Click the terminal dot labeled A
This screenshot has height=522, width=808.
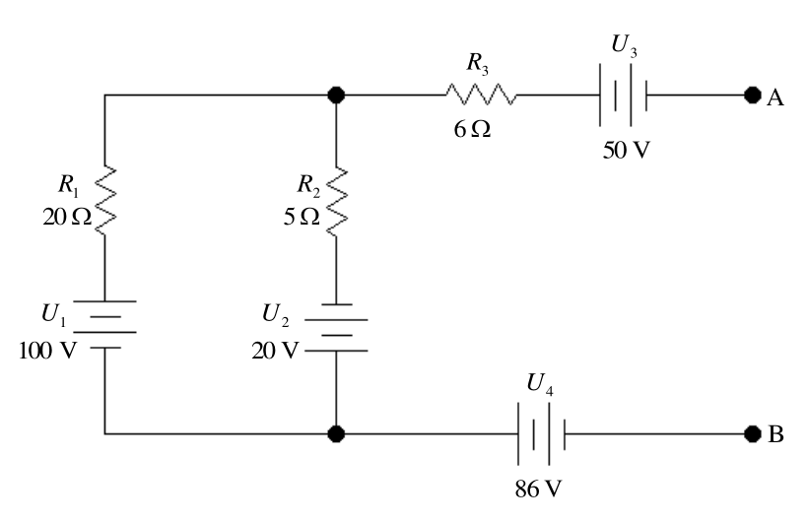pos(753,95)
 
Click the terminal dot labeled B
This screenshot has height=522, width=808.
pos(753,434)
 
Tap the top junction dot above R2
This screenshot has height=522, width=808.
pos(336,95)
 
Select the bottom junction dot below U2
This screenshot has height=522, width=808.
pos(336,434)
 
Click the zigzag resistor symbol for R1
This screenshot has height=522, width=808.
pos(105,201)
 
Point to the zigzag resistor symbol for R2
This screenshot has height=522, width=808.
pos(336,201)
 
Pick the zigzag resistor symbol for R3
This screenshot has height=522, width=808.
pos(481,95)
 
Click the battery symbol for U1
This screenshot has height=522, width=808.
pos(105,324)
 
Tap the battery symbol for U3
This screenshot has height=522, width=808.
pos(623,95)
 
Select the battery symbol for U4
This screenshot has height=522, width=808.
pos(542,434)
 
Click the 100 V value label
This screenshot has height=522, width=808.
pos(47,351)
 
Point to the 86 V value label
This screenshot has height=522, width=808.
pos(538,489)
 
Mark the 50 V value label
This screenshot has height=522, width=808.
pos(626,150)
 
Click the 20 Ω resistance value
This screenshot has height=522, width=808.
pos(67,217)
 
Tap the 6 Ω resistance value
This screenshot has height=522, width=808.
pos(472,129)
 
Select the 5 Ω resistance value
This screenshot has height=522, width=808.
pos(302,217)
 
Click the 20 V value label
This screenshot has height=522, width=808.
pos(275,351)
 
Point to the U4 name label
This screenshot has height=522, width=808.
pos(540,384)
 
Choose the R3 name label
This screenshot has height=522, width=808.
pos(478,63)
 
